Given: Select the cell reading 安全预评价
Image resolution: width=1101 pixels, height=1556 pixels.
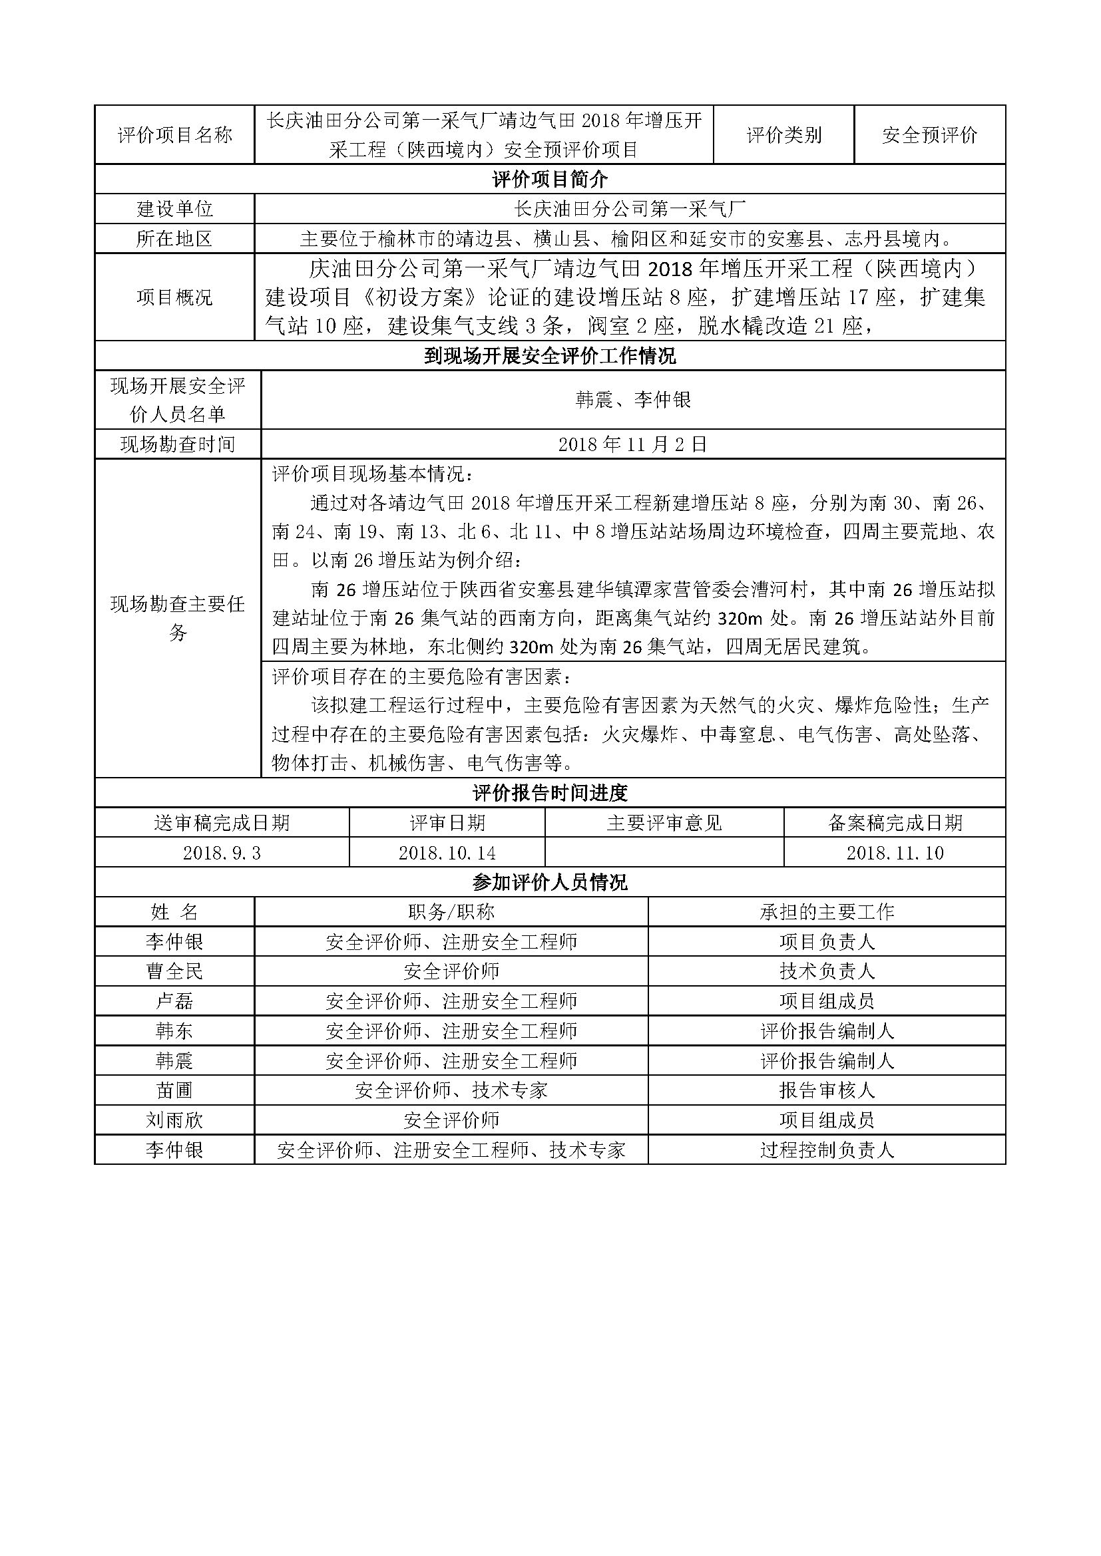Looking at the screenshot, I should click(929, 135).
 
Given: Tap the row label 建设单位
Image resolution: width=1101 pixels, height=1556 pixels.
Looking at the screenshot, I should click(175, 209).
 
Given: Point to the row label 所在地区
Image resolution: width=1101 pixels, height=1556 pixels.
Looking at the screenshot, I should click(175, 239).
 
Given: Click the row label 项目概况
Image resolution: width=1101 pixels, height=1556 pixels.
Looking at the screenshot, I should click(175, 297).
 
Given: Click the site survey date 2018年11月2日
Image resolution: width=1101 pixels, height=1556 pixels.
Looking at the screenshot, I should click(632, 444).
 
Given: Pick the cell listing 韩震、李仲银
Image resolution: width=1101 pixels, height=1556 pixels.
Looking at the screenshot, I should click(632, 400).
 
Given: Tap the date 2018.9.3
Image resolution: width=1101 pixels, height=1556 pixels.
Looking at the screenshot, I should click(222, 853).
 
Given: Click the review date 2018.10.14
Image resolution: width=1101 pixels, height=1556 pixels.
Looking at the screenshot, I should click(447, 853).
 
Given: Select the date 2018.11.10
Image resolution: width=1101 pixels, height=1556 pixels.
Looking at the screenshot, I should click(895, 853).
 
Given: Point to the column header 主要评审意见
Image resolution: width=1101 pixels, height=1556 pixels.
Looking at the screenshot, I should click(664, 823).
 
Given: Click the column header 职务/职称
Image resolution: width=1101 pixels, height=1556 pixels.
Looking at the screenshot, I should click(451, 911).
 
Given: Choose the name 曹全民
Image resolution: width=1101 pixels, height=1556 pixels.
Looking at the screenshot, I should click(175, 971).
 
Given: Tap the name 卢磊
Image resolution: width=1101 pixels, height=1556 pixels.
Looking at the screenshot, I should click(175, 1001).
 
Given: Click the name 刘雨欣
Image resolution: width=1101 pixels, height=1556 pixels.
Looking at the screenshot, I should click(175, 1120).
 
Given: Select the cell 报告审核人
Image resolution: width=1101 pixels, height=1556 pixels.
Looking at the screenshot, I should click(827, 1090).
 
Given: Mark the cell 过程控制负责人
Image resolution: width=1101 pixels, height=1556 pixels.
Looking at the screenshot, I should click(827, 1150).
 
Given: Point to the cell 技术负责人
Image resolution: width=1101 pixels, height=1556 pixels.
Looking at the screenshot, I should click(827, 971).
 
